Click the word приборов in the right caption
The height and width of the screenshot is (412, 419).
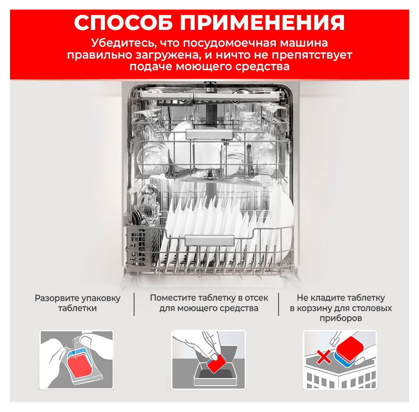click(341, 319)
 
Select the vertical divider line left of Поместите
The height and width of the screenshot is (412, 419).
click(134, 304)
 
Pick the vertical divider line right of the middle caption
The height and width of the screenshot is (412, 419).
click(278, 304)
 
